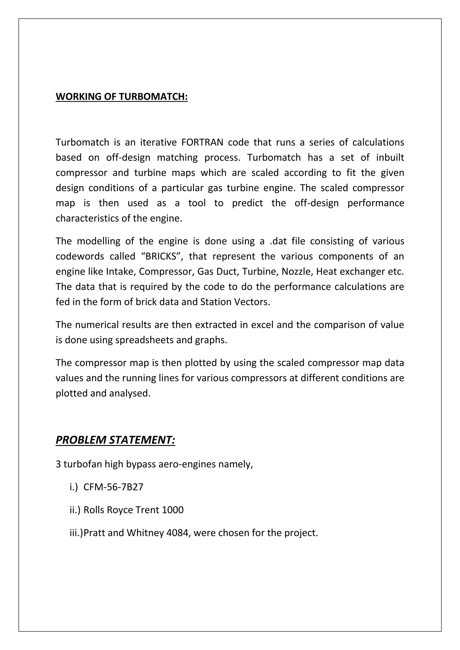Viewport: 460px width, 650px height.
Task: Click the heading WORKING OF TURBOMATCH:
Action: (x=122, y=97)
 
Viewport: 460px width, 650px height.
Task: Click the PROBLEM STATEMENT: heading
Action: (x=115, y=440)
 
